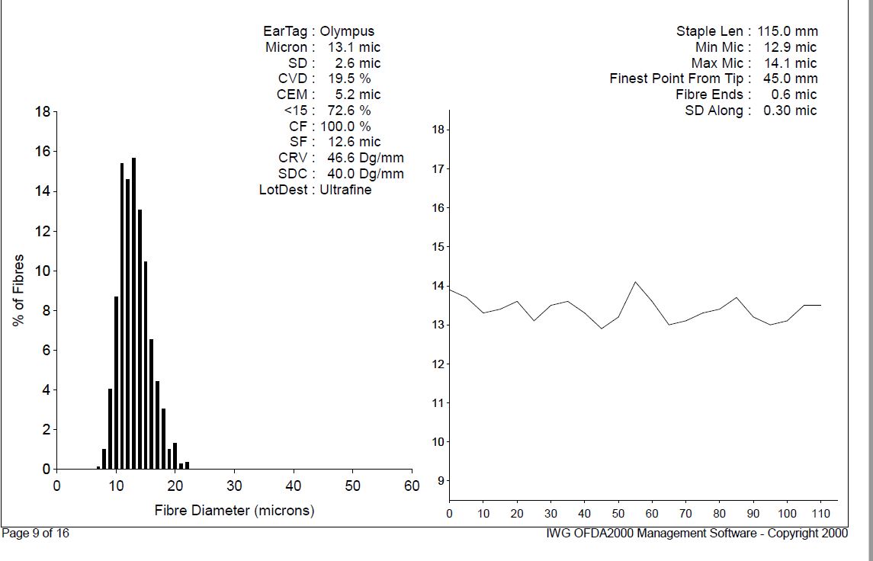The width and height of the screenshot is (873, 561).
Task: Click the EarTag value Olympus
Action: pyautogui.click(x=347, y=31)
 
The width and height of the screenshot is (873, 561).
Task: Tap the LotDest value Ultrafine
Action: pyautogui.click(x=345, y=189)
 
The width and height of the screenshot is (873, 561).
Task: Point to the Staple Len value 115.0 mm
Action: pyautogui.click(x=788, y=31)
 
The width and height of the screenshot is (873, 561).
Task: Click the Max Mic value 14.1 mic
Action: pyautogui.click(x=789, y=63)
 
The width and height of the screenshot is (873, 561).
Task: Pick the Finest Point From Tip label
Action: pyautogui.click(x=680, y=79)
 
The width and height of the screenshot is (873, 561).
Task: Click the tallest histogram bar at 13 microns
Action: pyautogui.click(x=133, y=313)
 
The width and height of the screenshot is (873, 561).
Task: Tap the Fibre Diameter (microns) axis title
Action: pyautogui.click(x=234, y=510)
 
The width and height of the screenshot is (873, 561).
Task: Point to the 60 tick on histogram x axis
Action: pyautogui.click(x=412, y=486)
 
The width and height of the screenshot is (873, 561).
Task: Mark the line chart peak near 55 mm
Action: pyautogui.click(x=635, y=282)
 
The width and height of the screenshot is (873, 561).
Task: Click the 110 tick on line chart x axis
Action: pyautogui.click(x=820, y=514)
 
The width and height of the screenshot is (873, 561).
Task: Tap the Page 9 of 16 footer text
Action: pyautogui.click(x=36, y=534)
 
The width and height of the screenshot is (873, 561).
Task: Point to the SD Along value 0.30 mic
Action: pyautogui.click(x=789, y=111)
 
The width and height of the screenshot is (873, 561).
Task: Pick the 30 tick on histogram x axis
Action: pyautogui.click(x=234, y=486)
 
